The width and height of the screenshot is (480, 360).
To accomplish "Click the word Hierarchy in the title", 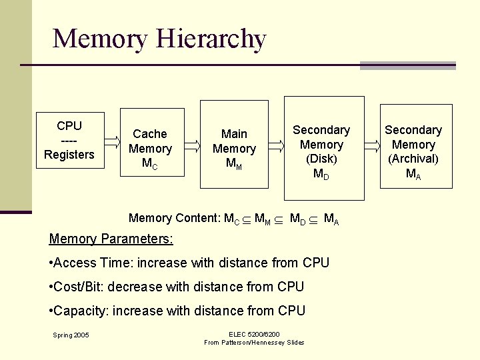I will click(x=211, y=39).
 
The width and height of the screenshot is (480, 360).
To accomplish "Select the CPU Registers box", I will click(x=69, y=140).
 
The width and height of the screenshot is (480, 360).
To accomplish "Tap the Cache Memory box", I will click(x=151, y=142).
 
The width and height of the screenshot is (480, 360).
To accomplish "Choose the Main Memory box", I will click(x=234, y=142).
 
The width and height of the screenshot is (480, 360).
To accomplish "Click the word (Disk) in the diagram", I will click(x=321, y=159).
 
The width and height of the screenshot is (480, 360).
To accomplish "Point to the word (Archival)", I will click(x=413, y=159).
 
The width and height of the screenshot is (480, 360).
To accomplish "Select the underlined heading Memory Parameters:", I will click(x=111, y=239).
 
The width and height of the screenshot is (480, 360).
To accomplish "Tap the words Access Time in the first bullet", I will click(x=95, y=263).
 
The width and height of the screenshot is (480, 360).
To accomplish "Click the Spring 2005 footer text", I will click(x=72, y=335).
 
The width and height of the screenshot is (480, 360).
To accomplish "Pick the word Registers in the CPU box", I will click(x=69, y=155).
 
